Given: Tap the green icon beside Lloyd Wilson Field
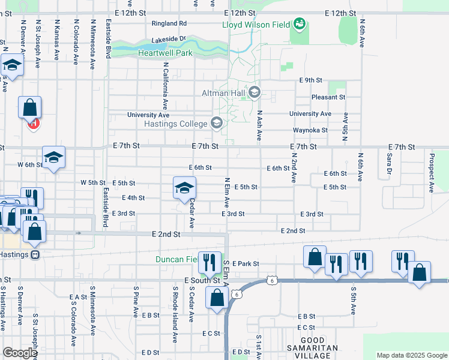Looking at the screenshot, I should pos(298,24).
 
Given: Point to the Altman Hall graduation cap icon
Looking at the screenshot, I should pos(255,92).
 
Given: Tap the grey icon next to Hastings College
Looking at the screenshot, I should pos(217,124).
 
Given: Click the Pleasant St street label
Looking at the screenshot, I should pos(328,97).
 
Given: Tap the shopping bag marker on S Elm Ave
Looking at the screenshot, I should pos(216,297).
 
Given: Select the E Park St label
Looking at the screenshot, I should pos(245,263).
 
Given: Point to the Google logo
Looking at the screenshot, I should pos(20,353).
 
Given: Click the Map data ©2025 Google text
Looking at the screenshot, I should pos(411,355).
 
